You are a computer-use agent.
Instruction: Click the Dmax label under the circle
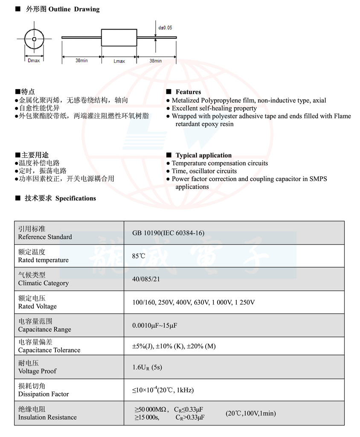point(34,61)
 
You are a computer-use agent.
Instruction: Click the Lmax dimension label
point(119,61)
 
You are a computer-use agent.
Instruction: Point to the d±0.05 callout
point(165,28)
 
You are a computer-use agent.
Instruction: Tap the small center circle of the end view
point(34,39)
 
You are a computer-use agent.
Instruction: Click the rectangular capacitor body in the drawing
point(119,38)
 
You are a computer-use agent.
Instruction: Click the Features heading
point(188,92)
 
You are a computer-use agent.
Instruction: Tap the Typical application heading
point(203,155)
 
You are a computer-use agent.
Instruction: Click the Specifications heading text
point(75,198)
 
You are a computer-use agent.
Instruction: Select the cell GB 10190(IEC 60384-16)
point(168,233)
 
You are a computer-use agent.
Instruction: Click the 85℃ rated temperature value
point(139,256)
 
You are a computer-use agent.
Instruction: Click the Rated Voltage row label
point(37,306)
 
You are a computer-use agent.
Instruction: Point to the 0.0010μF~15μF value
point(154,326)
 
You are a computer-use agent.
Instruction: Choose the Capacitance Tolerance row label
point(49,350)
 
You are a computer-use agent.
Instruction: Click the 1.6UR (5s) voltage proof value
point(147,367)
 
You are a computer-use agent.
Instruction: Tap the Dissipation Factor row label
point(43,394)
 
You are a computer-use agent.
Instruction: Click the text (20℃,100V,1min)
point(251,413)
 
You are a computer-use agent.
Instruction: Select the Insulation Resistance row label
point(47,417)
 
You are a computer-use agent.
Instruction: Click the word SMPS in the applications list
point(318,179)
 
